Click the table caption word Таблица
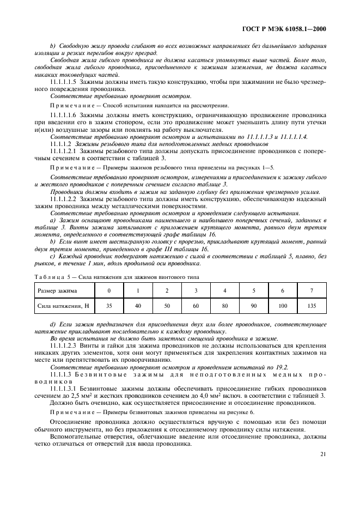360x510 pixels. click(48, 276)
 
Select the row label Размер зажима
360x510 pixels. click(57, 290)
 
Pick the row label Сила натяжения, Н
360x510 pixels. click(63, 306)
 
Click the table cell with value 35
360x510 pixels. click(109, 306)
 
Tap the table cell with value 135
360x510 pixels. click(312, 306)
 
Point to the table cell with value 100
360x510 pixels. click(282, 306)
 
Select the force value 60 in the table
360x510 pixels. click(196, 306)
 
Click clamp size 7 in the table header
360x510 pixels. click(312, 290)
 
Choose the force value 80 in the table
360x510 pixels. click(224, 306)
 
